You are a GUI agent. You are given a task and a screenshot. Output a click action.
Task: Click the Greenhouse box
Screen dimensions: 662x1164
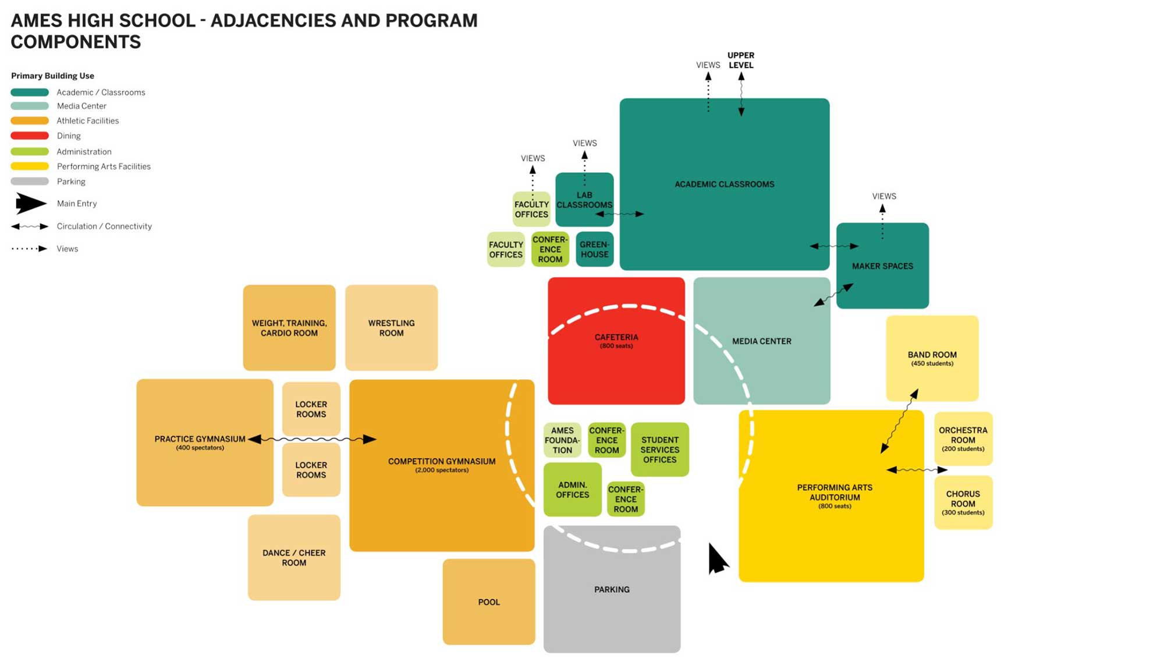pyautogui.click(x=594, y=249)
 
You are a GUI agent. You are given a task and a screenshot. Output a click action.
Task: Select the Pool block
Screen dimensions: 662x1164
pyautogui.click(x=488, y=602)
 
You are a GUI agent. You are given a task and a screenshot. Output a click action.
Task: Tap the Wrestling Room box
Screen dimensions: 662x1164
pyautogui.click(x=391, y=328)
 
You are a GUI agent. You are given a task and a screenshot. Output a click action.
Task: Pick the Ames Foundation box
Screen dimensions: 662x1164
pyautogui.click(x=562, y=440)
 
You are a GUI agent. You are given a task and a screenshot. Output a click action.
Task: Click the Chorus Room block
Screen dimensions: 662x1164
pyautogui.click(x=963, y=502)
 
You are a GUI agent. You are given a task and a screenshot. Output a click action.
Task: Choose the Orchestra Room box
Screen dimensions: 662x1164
pyautogui.click(x=963, y=439)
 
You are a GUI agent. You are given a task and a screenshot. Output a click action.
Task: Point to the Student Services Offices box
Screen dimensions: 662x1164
pyautogui.click(x=659, y=449)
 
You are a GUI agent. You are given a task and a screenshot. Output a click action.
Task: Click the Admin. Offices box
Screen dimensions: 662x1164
pyautogui.click(x=572, y=490)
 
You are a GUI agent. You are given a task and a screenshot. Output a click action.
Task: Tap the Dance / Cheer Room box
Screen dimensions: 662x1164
pyautogui.click(x=294, y=557)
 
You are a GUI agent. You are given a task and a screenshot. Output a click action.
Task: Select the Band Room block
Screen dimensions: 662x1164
pyautogui.click(x=932, y=358)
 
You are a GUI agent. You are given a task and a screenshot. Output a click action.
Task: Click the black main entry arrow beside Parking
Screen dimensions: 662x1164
pyautogui.click(x=717, y=559)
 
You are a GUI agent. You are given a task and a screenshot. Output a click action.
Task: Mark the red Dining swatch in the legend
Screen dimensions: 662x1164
pyautogui.click(x=30, y=136)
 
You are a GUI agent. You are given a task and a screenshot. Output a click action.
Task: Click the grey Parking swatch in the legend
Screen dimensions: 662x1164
pyautogui.click(x=30, y=182)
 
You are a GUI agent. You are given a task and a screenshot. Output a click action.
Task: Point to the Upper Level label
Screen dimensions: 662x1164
pyautogui.click(x=740, y=60)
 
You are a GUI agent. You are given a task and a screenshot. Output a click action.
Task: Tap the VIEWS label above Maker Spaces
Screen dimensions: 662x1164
pyautogui.click(x=883, y=196)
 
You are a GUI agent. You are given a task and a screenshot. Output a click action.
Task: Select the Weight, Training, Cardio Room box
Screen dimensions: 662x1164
pyautogui.click(x=289, y=328)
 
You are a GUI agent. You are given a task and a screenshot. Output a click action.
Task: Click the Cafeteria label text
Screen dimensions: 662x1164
pyautogui.click(x=616, y=337)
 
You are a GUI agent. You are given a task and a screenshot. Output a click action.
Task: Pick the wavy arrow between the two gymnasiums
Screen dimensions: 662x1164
pyautogui.click(x=312, y=439)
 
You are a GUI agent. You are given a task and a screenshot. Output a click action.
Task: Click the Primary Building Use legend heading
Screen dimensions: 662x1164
pyautogui.click(x=52, y=76)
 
